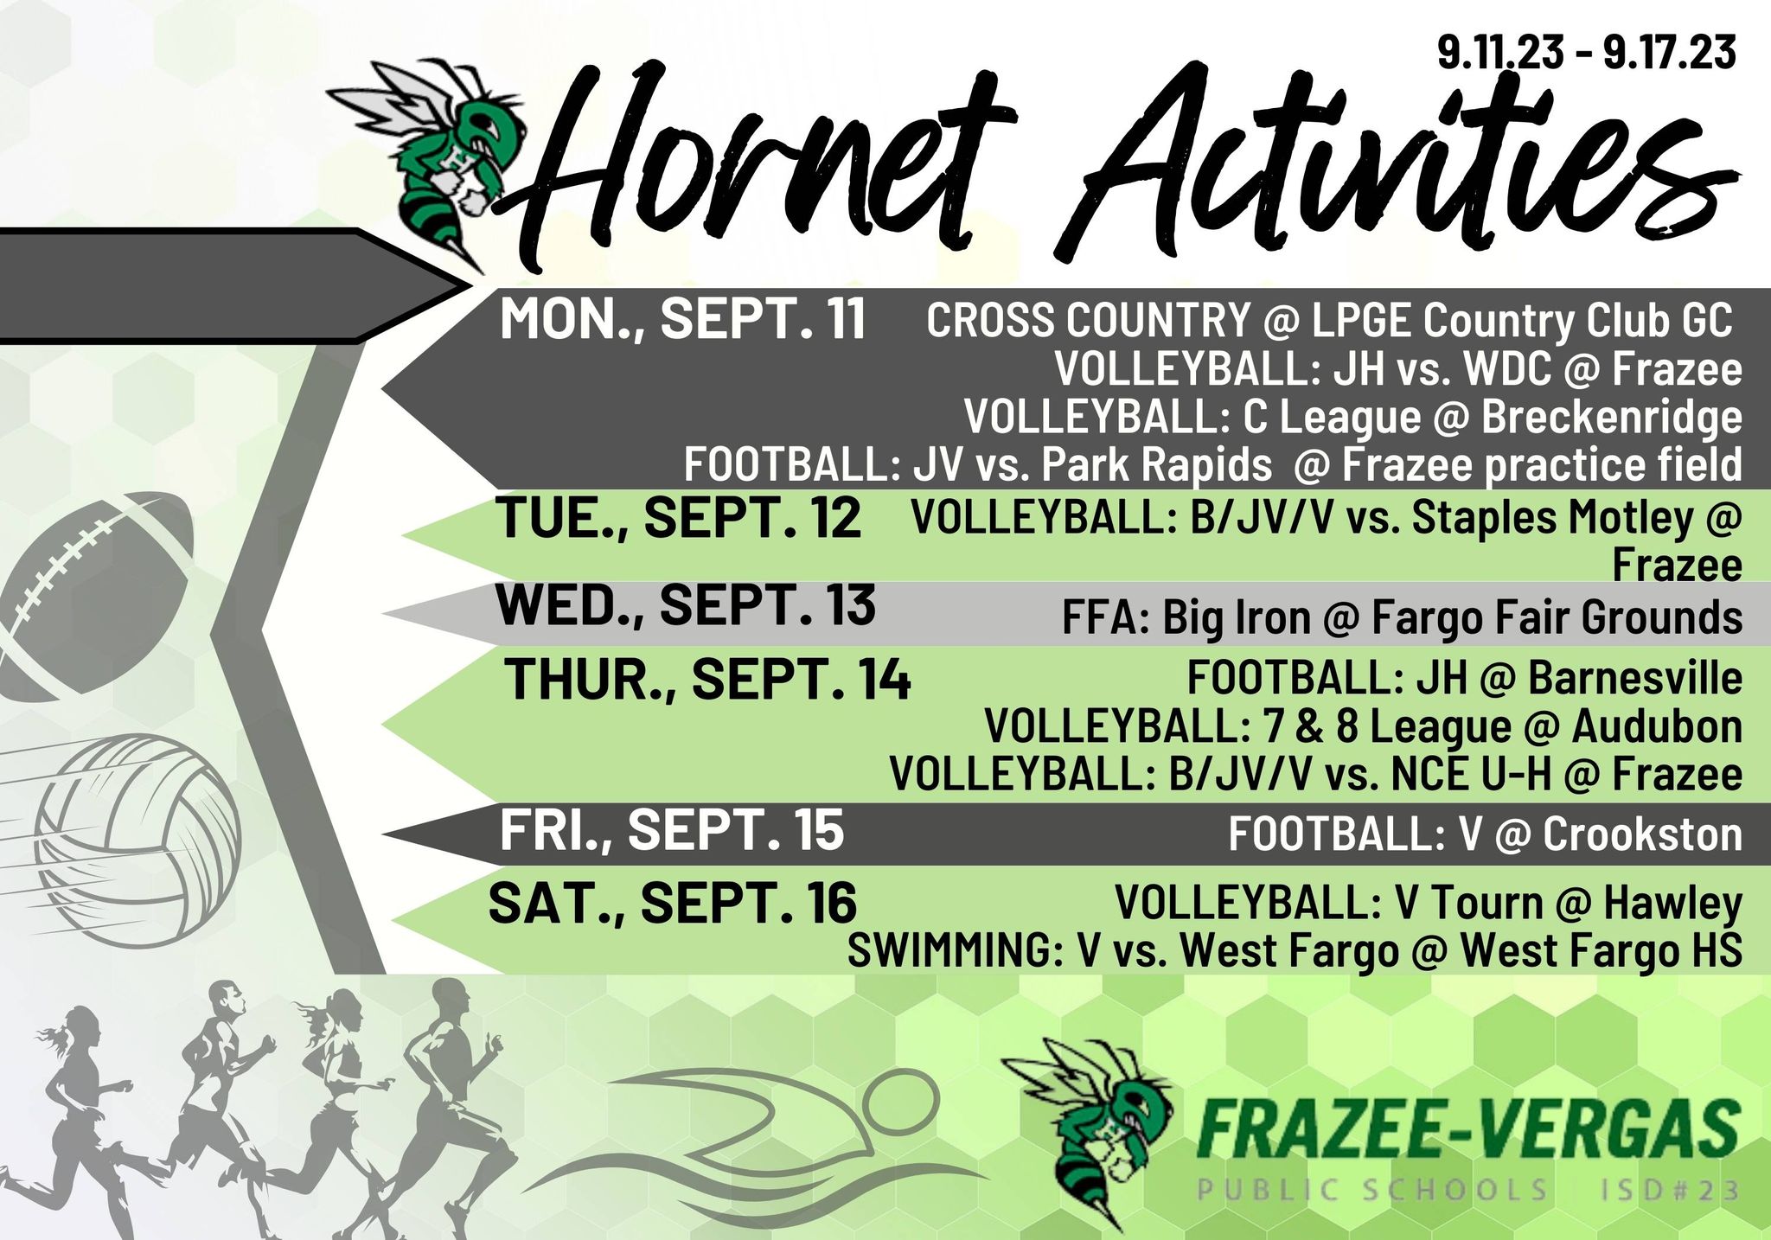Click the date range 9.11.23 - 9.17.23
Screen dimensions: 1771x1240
point(1587,53)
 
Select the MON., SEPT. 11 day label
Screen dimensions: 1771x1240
point(682,318)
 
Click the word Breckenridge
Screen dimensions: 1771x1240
point(1612,417)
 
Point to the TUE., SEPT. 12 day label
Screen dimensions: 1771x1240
point(679,518)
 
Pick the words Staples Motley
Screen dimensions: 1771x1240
point(1552,518)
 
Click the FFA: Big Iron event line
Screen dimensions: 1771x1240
point(1402,617)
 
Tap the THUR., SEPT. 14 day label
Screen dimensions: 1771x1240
point(707,679)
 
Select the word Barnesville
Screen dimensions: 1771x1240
point(1635,677)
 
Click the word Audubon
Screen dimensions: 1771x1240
point(1657,725)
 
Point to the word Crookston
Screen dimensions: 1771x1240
point(1642,834)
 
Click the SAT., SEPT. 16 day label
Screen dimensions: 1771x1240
point(673,903)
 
